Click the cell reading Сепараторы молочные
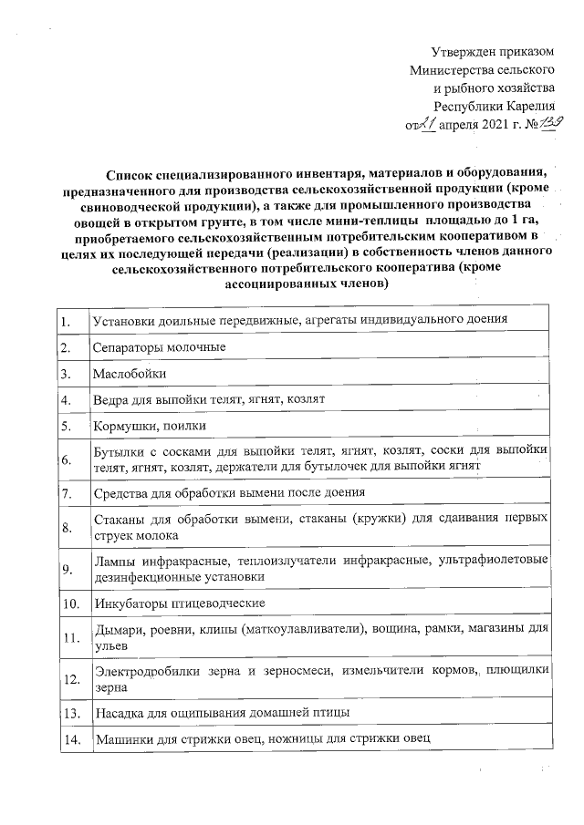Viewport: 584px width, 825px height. (x=145, y=347)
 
